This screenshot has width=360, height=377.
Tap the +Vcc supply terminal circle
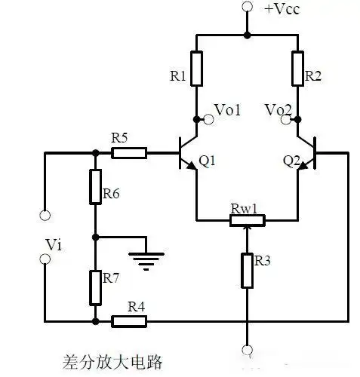point(247,8)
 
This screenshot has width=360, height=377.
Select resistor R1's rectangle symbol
point(196,69)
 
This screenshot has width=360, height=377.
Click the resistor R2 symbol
point(297,69)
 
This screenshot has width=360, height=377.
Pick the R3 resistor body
point(247,270)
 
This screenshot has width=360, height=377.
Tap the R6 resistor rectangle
point(95,187)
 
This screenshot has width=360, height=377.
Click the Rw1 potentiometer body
point(247,220)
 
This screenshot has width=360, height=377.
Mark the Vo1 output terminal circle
point(196,118)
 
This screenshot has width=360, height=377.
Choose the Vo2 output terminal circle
point(297,118)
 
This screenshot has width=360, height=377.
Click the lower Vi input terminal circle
point(45,259)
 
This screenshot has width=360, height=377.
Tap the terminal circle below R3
point(247,349)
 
